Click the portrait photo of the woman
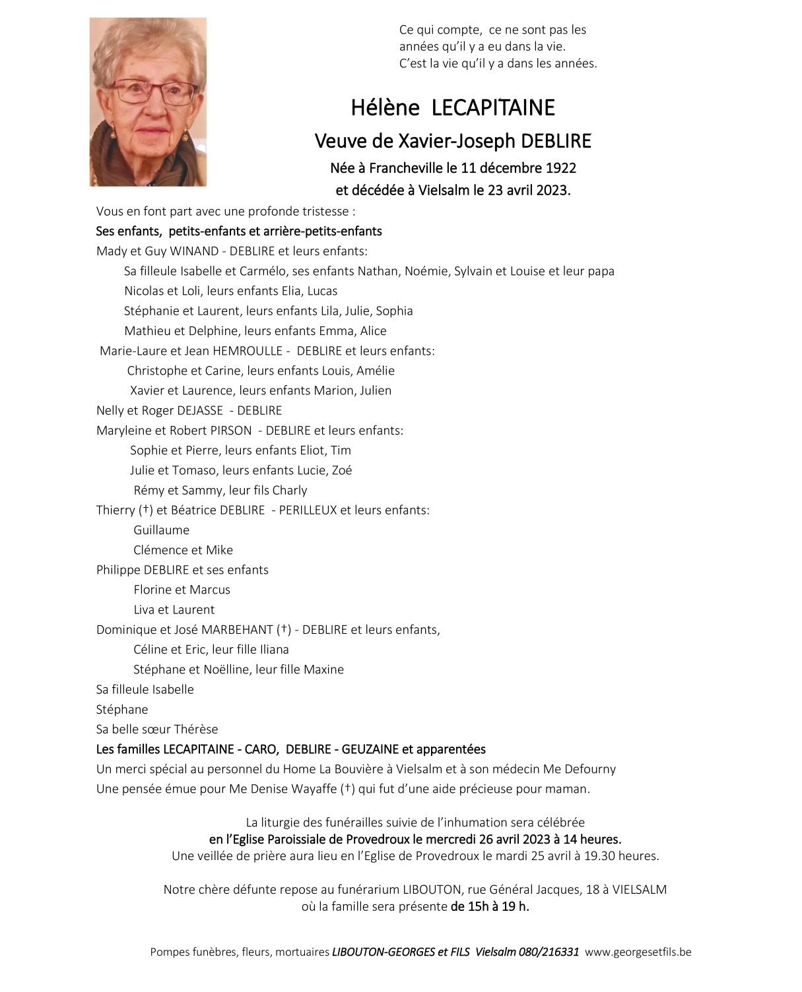(148, 102)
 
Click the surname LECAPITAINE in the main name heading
(493, 108)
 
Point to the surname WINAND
(193, 251)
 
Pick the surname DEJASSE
(200, 411)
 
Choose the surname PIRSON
(230, 431)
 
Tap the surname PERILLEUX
(308, 511)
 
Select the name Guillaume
(161, 530)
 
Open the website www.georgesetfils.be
(638, 952)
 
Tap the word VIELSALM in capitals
(639, 890)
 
